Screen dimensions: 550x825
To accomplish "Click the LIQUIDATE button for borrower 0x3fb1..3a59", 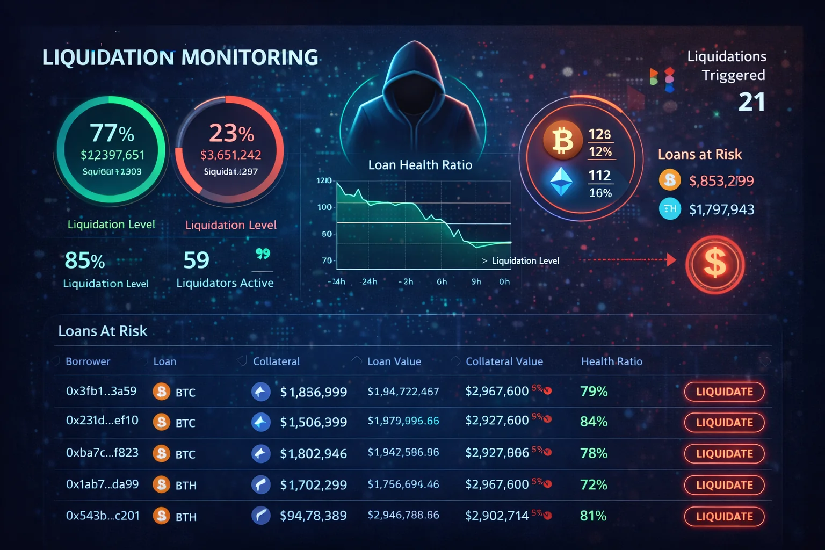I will (x=724, y=392).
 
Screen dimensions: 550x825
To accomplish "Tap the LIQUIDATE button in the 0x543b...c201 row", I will (x=724, y=517).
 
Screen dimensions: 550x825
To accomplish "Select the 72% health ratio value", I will (x=594, y=485).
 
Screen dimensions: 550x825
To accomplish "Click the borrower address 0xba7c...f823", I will (x=102, y=453).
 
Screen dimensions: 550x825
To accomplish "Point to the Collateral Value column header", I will (x=504, y=361).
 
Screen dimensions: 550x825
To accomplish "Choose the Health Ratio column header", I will (x=611, y=361).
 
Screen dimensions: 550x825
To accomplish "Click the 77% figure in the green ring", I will (x=112, y=133).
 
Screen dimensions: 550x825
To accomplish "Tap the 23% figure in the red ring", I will (x=231, y=133).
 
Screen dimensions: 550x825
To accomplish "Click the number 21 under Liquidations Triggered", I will (x=751, y=102).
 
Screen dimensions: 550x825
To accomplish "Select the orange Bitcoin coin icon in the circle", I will (x=562, y=140).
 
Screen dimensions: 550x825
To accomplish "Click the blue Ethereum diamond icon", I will (x=562, y=182).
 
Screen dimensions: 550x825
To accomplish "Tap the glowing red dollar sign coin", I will (x=715, y=264).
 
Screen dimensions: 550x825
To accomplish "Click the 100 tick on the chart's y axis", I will (x=324, y=207).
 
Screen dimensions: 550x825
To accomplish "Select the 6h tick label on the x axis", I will (x=442, y=281).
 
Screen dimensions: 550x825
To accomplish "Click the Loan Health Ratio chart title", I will (x=420, y=165).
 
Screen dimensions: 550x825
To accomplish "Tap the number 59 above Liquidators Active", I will (x=196, y=260).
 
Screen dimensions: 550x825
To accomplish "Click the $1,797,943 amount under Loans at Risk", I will (x=721, y=209).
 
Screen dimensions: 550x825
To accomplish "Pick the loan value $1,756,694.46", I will (x=403, y=485).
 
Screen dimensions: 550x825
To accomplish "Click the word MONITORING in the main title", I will (x=250, y=57).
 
